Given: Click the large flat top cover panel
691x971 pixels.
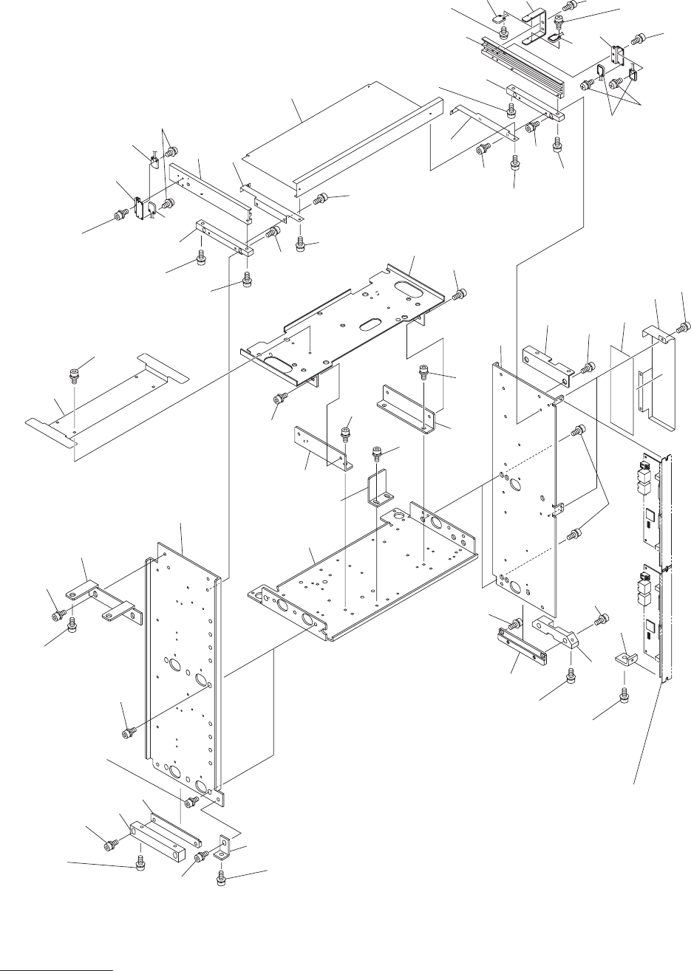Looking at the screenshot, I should (340, 140).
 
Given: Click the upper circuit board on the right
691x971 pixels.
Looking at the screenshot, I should (653, 502).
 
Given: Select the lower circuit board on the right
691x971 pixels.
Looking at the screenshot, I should (653, 620).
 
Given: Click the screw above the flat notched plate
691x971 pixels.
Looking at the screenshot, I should (73, 372).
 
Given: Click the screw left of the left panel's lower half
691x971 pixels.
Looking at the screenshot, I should (126, 731).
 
